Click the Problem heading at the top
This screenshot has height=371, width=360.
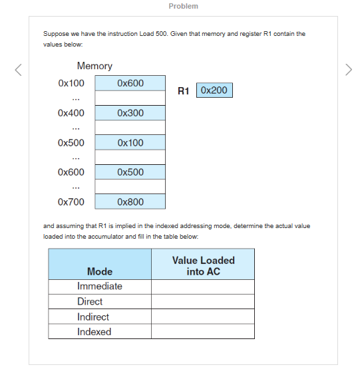tap(183, 6)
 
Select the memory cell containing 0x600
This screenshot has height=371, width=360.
tap(130, 83)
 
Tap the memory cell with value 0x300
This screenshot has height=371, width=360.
tap(130, 113)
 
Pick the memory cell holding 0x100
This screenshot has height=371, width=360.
tap(130, 143)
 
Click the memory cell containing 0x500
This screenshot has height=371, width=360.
tap(130, 172)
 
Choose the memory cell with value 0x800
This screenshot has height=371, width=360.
tap(130, 201)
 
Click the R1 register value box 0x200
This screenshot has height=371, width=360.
tap(214, 90)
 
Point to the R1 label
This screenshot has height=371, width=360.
tap(185, 90)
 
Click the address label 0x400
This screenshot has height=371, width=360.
tap(71, 113)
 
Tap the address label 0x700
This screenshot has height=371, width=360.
tap(71, 201)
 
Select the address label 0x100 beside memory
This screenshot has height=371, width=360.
tap(71, 83)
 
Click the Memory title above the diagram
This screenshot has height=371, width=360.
tap(94, 66)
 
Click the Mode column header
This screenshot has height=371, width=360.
tap(100, 271)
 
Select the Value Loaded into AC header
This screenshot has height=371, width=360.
tap(203, 266)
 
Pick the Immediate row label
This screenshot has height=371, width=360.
tap(100, 287)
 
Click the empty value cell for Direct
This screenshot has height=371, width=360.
tap(203, 302)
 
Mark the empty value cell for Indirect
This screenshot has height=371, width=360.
tap(203, 317)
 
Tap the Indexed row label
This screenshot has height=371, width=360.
tap(94, 332)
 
